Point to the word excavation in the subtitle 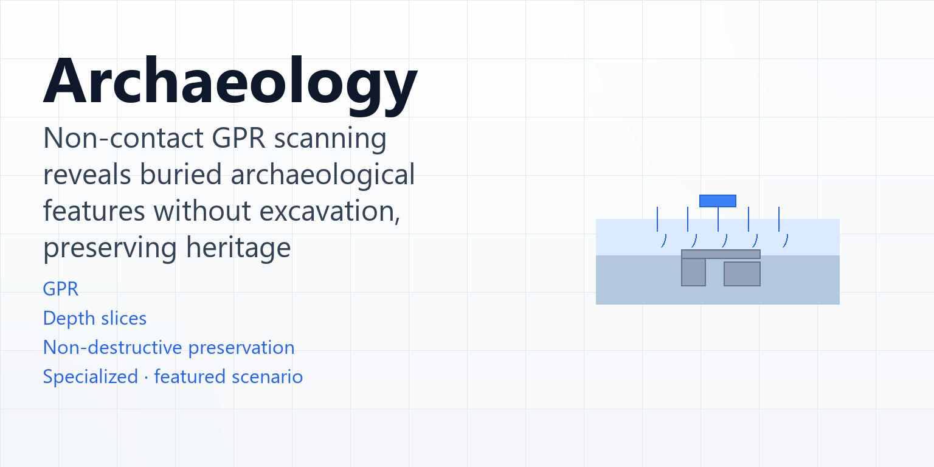pos(330,211)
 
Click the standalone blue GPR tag pos(61,289)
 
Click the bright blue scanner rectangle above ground pos(718,201)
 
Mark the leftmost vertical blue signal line pos(657,219)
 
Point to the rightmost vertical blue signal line pos(779,219)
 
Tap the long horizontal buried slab pos(721,254)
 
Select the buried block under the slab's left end pos(693,272)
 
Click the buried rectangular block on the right pos(742,274)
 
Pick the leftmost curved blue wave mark pos(664,241)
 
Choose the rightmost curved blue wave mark pos(786,241)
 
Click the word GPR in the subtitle pos(239,138)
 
